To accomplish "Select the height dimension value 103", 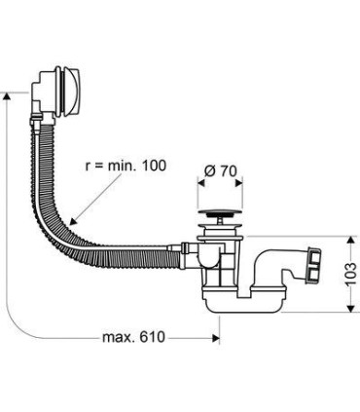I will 347,273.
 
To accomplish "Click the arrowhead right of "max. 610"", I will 212,337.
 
